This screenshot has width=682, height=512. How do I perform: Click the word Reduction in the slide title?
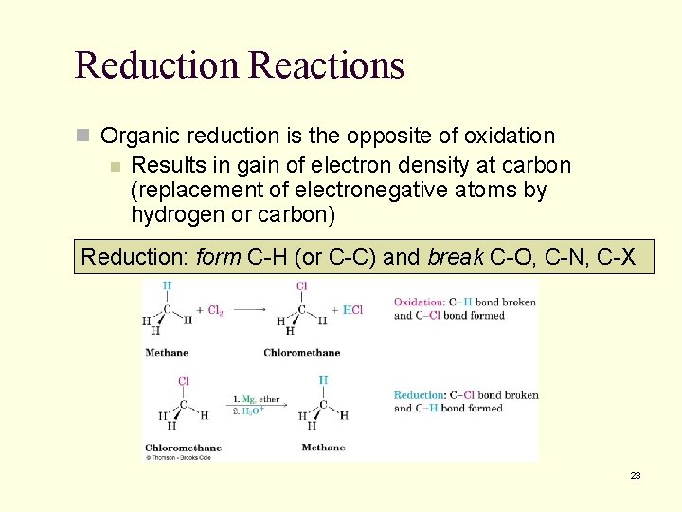pyautogui.click(x=157, y=65)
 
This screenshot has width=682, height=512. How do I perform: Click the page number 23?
pyautogui.click(x=636, y=475)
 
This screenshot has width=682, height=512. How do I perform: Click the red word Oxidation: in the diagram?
pyautogui.click(x=419, y=302)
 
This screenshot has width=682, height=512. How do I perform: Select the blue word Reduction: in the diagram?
pyautogui.click(x=419, y=395)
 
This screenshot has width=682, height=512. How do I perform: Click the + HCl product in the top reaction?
pyautogui.click(x=348, y=310)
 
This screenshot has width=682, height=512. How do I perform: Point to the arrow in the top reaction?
pyautogui.click(x=248, y=308)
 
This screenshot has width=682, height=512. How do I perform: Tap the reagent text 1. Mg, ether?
pyautogui.click(x=255, y=399)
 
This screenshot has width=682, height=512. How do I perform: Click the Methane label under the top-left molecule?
pyautogui.click(x=167, y=353)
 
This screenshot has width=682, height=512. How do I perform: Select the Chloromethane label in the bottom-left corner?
pyautogui.click(x=183, y=448)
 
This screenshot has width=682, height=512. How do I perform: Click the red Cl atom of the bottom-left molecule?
pyautogui.click(x=184, y=382)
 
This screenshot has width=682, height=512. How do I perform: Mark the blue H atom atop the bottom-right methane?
pyautogui.click(x=322, y=380)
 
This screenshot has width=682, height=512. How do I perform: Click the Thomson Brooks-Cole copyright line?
pyautogui.click(x=178, y=457)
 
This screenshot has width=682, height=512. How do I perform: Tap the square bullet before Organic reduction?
pyautogui.click(x=82, y=137)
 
